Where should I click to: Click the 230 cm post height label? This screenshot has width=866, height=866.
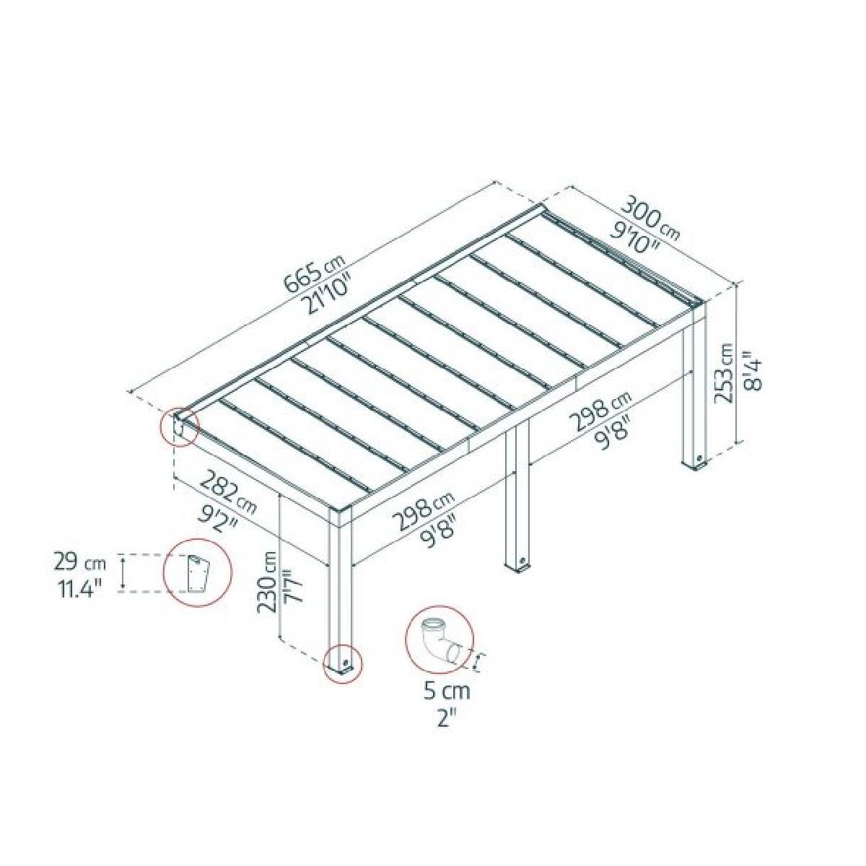(268, 582)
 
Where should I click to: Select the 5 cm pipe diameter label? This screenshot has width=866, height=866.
(446, 691)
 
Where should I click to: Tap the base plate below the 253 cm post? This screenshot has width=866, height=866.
(699, 463)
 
